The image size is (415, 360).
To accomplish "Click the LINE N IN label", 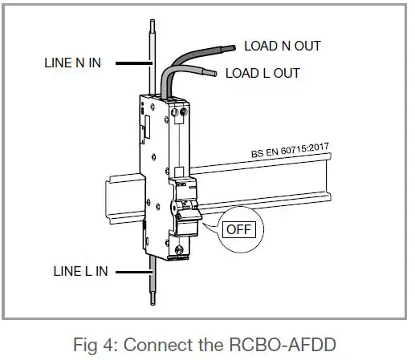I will pyautogui.click(x=71, y=62).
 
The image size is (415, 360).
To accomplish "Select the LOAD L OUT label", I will pyautogui.click(x=262, y=73).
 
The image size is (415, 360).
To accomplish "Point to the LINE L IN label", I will pyautogui.click(x=73, y=272).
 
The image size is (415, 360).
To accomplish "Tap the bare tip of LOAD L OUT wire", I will pyautogui.click(x=213, y=75).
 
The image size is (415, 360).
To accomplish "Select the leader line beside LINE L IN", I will pyautogui.click(x=132, y=272).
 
